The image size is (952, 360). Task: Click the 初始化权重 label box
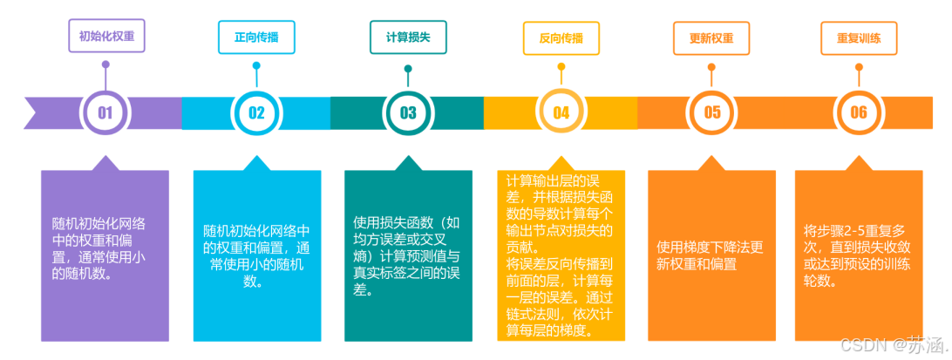coord(106,37)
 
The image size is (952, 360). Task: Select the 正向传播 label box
coord(256,38)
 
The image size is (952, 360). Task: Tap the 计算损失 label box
coord(408,38)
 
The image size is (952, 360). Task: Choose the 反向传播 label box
coord(561,38)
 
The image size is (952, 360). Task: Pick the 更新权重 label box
coord(711,38)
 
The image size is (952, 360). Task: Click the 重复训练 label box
coord(859,38)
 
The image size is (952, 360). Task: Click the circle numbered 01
coord(105,112)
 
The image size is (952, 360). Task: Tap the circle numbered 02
coord(256,112)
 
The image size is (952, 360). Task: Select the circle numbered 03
coord(408,112)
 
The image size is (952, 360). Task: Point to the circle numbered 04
coord(561,112)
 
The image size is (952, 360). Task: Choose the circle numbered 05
coord(712,112)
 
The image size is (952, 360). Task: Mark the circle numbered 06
coord(859,112)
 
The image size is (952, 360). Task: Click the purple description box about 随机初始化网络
coord(105,255)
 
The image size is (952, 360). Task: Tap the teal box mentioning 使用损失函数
coord(408,255)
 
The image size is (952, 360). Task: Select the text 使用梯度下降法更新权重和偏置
coord(711,255)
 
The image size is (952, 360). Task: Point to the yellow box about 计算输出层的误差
coord(561,255)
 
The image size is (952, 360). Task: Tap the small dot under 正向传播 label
coord(256,65)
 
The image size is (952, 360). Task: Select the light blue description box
coord(256,255)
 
